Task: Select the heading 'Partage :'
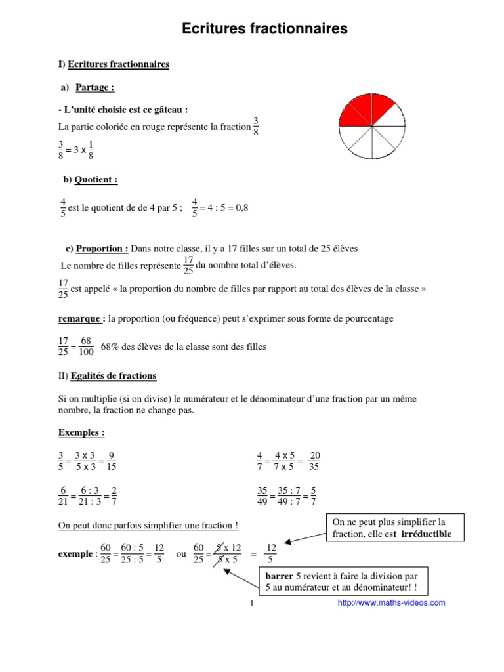tap(95, 87)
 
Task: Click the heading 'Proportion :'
tap(102, 249)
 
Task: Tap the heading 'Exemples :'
tap(81, 432)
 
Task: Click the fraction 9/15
tap(111, 461)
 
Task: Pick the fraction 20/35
tap(314, 461)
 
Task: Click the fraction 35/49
tap(262, 496)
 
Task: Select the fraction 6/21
tap(64, 496)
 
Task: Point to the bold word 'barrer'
tap(279, 577)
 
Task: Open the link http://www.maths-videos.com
tap(391, 602)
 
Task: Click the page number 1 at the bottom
tap(252, 603)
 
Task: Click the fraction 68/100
tap(86, 346)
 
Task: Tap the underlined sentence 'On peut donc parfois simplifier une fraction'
tap(148, 525)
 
